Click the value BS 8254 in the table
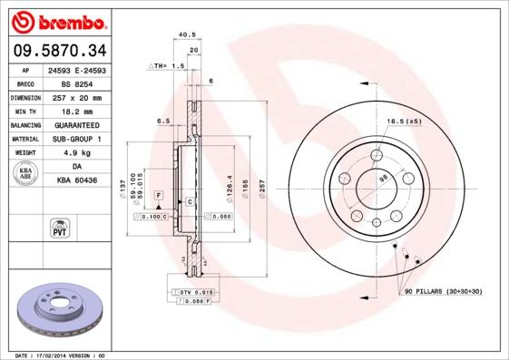click(x=78, y=83)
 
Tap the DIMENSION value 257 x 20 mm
click(x=78, y=97)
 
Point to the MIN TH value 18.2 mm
click(x=78, y=111)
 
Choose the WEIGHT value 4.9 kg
click(x=78, y=153)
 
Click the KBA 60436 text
click(x=78, y=181)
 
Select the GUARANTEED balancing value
click(x=78, y=125)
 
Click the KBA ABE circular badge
click(x=25, y=174)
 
